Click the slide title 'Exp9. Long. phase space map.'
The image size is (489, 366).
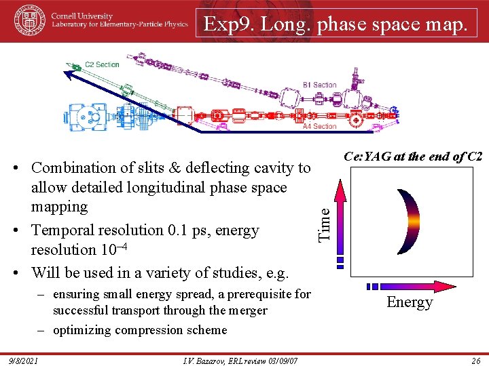(336, 24)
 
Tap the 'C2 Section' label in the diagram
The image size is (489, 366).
(101, 65)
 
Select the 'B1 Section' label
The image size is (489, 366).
(320, 85)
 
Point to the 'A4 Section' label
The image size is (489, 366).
(320, 126)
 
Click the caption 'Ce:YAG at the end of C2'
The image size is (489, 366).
(413, 156)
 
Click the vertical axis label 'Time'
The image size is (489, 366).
(325, 224)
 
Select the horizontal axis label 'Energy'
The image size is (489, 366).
(410, 302)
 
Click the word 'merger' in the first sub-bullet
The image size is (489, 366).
(248, 310)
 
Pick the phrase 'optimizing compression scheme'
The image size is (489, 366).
(140, 330)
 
